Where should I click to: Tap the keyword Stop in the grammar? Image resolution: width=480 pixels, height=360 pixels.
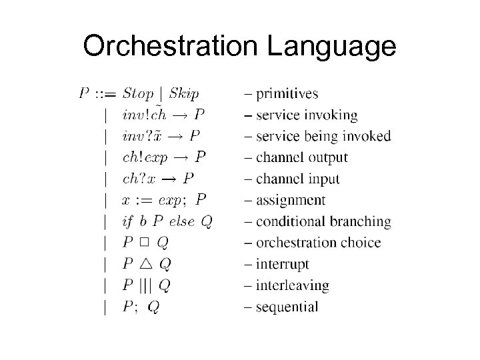[138, 93]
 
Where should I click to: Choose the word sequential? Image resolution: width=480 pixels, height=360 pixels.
[286, 307]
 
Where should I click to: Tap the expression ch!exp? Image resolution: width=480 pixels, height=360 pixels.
[145, 158]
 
